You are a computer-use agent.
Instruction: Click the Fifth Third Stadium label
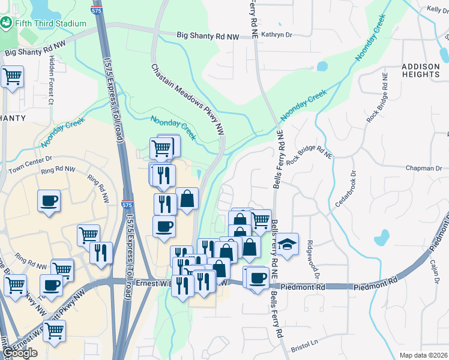[x=51, y=23]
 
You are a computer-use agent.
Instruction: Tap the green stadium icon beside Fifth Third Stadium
[x=7, y=23]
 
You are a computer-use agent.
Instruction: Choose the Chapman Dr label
[x=423, y=169]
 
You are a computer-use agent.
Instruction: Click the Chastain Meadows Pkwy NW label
[x=188, y=98]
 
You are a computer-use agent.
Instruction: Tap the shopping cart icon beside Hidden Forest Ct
[x=12, y=77]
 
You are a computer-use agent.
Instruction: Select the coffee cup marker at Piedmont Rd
[x=258, y=278]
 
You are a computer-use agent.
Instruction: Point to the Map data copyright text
[x=423, y=355]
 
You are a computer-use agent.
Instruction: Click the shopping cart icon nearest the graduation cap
[x=261, y=220]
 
